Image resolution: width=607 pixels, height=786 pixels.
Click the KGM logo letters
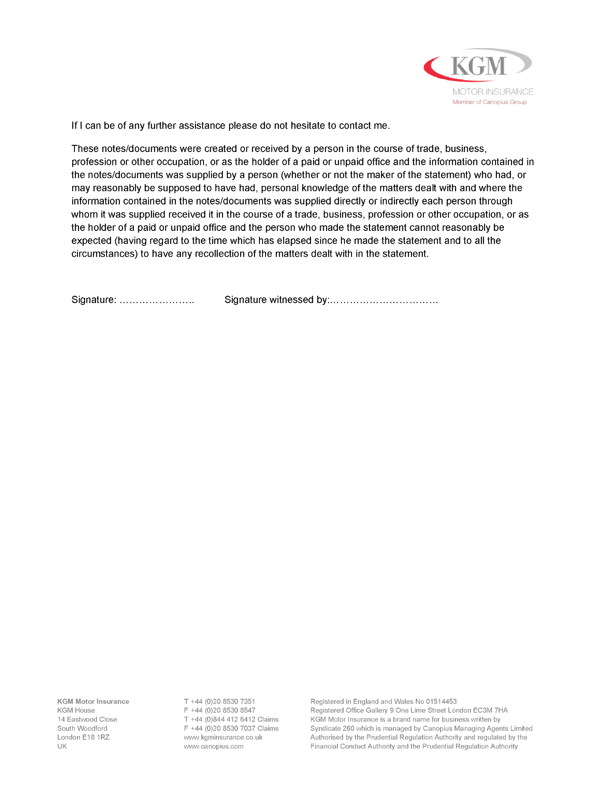pyautogui.click(x=479, y=66)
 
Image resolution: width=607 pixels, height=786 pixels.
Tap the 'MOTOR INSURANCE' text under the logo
pyautogui.click(x=493, y=92)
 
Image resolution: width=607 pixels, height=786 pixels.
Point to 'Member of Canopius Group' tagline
pyautogui.click(x=489, y=102)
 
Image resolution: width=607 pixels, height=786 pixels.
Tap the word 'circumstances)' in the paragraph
pyautogui.click(x=104, y=254)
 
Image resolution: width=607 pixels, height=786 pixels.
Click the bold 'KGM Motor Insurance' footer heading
pyautogui.click(x=93, y=701)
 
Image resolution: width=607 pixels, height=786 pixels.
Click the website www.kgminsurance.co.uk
pyautogui.click(x=223, y=737)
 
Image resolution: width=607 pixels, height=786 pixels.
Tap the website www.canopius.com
pyautogui.click(x=214, y=746)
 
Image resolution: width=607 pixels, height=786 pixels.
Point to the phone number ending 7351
pyautogui.click(x=223, y=701)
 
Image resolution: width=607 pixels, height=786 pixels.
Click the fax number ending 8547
pyautogui.click(x=223, y=710)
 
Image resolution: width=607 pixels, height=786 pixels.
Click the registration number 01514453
pyautogui.click(x=441, y=701)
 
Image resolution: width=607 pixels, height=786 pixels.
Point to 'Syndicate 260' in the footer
pyautogui.click(x=332, y=728)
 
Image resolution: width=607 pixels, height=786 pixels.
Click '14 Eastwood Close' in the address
pyautogui.click(x=87, y=719)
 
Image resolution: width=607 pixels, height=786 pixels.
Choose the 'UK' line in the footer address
pyautogui.click(x=62, y=746)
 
